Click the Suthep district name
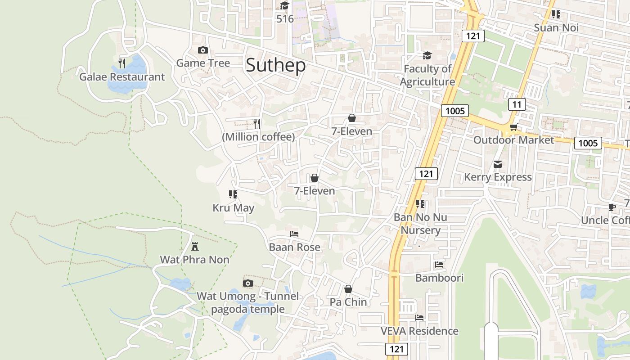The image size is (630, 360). click(275, 65)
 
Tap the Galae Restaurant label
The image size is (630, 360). click(122, 77)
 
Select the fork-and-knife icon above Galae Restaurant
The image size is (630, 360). click(122, 63)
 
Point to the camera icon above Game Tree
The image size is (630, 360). click(203, 50)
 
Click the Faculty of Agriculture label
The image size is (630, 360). click(427, 75)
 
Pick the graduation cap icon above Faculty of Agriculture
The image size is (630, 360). click(427, 55)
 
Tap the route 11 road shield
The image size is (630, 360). click(517, 105)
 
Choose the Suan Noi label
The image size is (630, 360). click(556, 28)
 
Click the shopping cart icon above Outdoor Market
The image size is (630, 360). click(513, 127)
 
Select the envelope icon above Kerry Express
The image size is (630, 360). click(498, 164)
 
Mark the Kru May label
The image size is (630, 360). click(234, 208)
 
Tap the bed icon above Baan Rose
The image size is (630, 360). click(294, 234)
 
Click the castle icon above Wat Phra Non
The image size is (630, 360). click(195, 246)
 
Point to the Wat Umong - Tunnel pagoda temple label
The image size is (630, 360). click(247, 302)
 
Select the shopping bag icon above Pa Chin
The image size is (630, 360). click(348, 289)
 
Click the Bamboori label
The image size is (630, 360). click(439, 278)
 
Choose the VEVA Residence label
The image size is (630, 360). click(419, 331)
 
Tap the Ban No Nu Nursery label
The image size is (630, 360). click(420, 224)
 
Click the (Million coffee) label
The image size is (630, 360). click(258, 137)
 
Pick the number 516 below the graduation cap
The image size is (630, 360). click(285, 19)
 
